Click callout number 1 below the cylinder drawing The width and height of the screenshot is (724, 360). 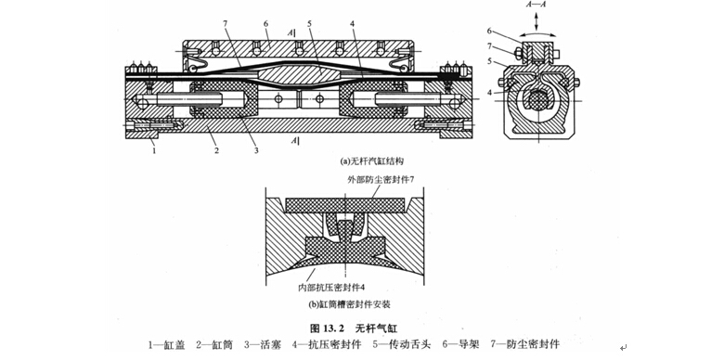pyautogui.click(x=155, y=150)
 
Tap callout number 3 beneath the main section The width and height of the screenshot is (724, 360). pyautogui.click(x=257, y=150)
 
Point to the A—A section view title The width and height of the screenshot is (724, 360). pyautogui.click(x=537, y=5)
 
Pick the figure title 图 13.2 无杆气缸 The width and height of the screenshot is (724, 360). pyautogui.click(x=354, y=328)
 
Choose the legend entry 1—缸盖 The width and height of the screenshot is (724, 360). pyautogui.click(x=166, y=345)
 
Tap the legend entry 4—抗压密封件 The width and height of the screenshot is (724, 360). pyautogui.click(x=328, y=345)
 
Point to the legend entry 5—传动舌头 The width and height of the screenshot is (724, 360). pyautogui.click(x=402, y=345)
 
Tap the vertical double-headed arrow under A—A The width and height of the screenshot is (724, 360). pyautogui.click(x=537, y=19)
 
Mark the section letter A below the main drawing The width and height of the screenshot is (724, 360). pyautogui.click(x=293, y=141)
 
